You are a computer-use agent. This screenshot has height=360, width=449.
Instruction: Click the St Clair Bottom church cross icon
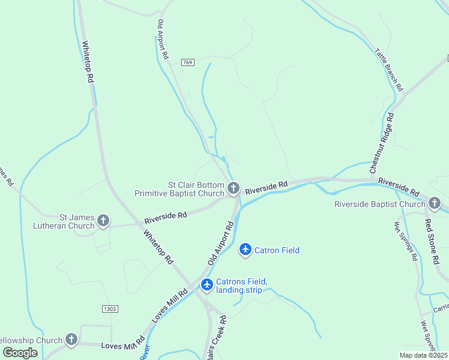[x=234, y=189]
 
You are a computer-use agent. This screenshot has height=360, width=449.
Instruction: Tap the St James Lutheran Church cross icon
[x=103, y=221]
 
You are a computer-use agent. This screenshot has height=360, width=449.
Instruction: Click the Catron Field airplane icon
[x=245, y=250]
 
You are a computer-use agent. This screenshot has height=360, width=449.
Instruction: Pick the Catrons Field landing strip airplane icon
[x=207, y=285]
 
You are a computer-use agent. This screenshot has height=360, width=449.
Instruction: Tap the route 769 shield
[x=188, y=62]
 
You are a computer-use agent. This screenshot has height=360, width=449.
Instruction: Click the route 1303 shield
[x=109, y=308]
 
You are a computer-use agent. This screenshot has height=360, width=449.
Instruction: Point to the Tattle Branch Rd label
[x=389, y=70]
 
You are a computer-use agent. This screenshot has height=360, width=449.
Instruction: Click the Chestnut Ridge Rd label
[x=382, y=143]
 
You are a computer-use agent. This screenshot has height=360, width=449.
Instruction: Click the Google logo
[x=20, y=353]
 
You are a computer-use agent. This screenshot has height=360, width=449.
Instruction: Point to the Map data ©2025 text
[x=423, y=355]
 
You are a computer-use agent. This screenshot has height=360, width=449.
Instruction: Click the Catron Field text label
[x=277, y=250]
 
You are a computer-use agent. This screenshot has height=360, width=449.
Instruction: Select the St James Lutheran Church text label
[x=77, y=221]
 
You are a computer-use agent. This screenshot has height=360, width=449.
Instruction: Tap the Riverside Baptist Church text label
[x=380, y=204]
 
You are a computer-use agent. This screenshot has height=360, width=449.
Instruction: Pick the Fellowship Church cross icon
[x=71, y=340]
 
